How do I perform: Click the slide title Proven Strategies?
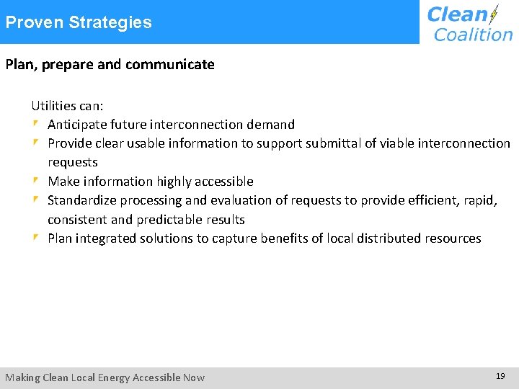point(79,22)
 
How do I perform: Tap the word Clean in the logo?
point(457,14)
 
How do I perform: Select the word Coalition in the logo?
point(473,34)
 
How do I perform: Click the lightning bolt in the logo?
point(494,15)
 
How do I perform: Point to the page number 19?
point(500,376)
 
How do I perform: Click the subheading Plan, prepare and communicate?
point(110,65)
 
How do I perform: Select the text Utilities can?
point(67,106)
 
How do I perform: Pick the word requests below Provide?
point(72,162)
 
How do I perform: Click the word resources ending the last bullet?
point(449,238)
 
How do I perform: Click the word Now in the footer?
point(194,377)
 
